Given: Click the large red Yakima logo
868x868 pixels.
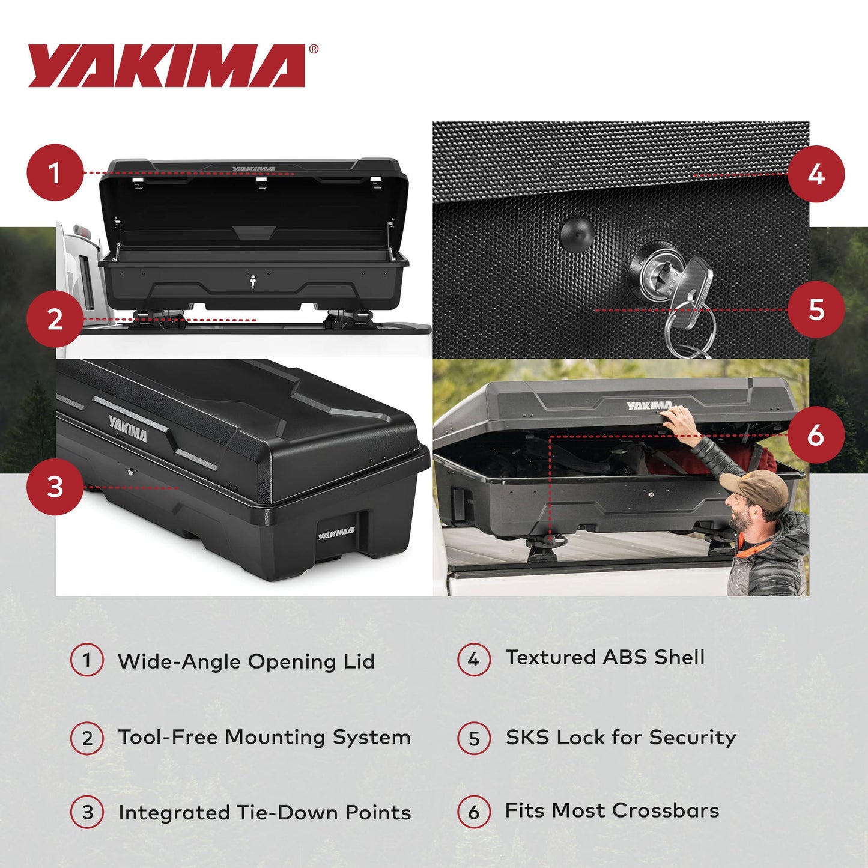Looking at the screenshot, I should [166, 66].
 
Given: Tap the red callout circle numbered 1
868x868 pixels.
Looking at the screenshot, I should [55, 173].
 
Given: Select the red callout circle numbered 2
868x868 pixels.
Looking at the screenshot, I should [55, 318].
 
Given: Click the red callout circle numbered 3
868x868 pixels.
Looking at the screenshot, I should [55, 487].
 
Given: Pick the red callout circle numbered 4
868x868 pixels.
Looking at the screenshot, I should [815, 174].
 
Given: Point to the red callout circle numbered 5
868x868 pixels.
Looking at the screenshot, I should [815, 309].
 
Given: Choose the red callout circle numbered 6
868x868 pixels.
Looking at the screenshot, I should [815, 434].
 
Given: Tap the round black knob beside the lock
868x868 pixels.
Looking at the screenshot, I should [577, 232].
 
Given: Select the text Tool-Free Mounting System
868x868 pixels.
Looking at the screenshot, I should [264, 737].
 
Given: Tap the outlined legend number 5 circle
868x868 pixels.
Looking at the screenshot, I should [474, 738].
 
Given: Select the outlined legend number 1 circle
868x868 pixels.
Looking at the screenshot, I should [87, 660].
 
